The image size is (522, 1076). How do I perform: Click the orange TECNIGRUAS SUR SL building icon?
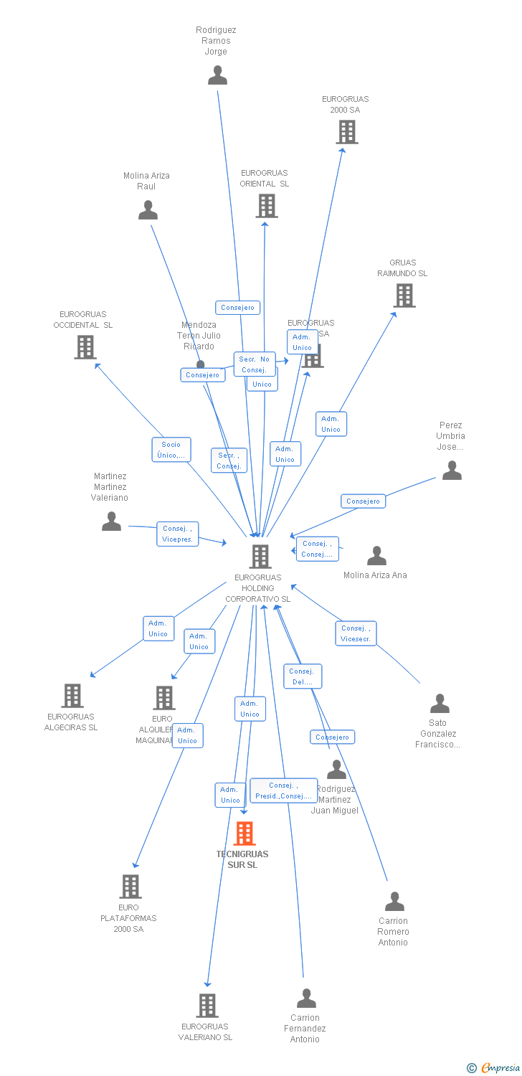pyautogui.click(x=245, y=834)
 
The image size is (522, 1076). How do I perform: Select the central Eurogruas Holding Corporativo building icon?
pyautogui.click(x=260, y=557)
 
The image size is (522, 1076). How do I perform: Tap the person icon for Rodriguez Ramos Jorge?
pyautogui.click(x=217, y=75)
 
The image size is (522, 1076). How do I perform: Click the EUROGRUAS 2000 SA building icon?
pyautogui.click(x=347, y=132)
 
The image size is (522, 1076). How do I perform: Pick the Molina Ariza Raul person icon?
pyautogui.click(x=148, y=210)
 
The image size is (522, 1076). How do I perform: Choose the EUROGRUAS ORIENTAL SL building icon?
pyautogui.click(x=266, y=206)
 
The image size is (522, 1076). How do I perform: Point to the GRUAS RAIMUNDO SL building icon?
pyautogui.click(x=404, y=296)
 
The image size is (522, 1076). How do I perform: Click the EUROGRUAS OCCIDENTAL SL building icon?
pyautogui.click(x=85, y=347)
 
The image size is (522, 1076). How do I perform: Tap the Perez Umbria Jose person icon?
pyautogui.click(x=452, y=471)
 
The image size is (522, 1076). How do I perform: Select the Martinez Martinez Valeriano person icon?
pyautogui.click(x=111, y=522)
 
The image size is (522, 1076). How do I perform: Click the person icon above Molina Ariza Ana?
pyautogui.click(x=376, y=556)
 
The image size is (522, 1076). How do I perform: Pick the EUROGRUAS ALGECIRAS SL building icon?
pyautogui.click(x=72, y=696)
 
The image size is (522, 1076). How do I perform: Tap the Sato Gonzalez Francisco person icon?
pyautogui.click(x=440, y=704)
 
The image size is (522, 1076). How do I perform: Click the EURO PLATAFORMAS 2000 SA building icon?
pyautogui.click(x=130, y=887)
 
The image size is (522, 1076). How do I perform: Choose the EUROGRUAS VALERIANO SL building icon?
pyautogui.click(x=207, y=1006)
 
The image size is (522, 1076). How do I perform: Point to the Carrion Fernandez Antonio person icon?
pyautogui.click(x=306, y=999)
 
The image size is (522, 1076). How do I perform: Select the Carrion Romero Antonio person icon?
pyautogui.click(x=394, y=902)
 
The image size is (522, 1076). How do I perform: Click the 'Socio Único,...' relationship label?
pyautogui.click(x=171, y=450)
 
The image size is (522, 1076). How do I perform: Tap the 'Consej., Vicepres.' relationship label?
pyautogui.click(x=178, y=534)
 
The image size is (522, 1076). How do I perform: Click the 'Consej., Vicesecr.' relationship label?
pyautogui.click(x=356, y=633)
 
